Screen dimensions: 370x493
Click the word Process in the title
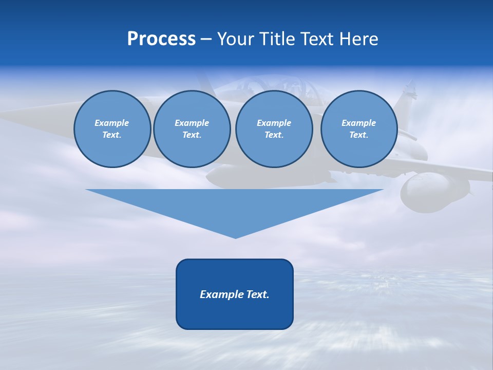pyautogui.click(x=161, y=39)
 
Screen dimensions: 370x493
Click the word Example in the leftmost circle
pyautogui.click(x=112, y=123)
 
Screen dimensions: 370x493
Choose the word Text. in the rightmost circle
pyautogui.click(x=359, y=135)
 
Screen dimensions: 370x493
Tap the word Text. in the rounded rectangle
pyautogui.click(x=258, y=294)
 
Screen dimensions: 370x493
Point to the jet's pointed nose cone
pyautogui.click(x=21, y=116)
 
